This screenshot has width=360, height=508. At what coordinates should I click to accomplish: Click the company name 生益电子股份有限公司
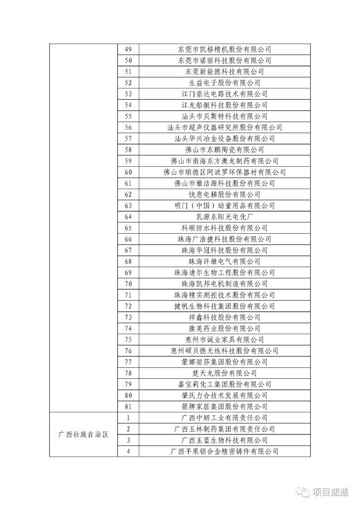pos(224,83)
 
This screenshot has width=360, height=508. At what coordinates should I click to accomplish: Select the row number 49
pos(129,49)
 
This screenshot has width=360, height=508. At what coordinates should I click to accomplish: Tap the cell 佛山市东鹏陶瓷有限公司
pos(224,150)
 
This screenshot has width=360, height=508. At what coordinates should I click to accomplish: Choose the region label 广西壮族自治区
pos(83,434)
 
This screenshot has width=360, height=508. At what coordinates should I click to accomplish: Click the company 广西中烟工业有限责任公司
pos(224,418)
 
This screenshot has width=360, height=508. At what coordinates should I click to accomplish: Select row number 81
pos(129,407)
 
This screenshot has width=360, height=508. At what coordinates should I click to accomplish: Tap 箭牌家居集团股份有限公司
pos(224,407)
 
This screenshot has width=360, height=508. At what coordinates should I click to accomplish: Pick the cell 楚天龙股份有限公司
pos(224,373)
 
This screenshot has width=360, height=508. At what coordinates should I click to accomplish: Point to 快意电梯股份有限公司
pos(224,194)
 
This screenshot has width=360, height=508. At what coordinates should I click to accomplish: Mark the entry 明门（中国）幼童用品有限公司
pos(224,205)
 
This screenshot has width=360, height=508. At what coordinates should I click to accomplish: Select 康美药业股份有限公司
pos(224,328)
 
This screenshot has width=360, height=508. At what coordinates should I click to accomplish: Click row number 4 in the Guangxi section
pos(129,451)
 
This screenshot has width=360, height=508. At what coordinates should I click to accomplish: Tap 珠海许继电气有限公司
pos(224,261)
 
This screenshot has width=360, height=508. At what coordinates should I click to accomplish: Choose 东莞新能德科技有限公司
pos(224,71)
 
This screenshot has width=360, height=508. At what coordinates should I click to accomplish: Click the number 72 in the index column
pos(129,306)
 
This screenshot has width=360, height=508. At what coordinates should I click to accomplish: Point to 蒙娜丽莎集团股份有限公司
pos(224,362)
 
